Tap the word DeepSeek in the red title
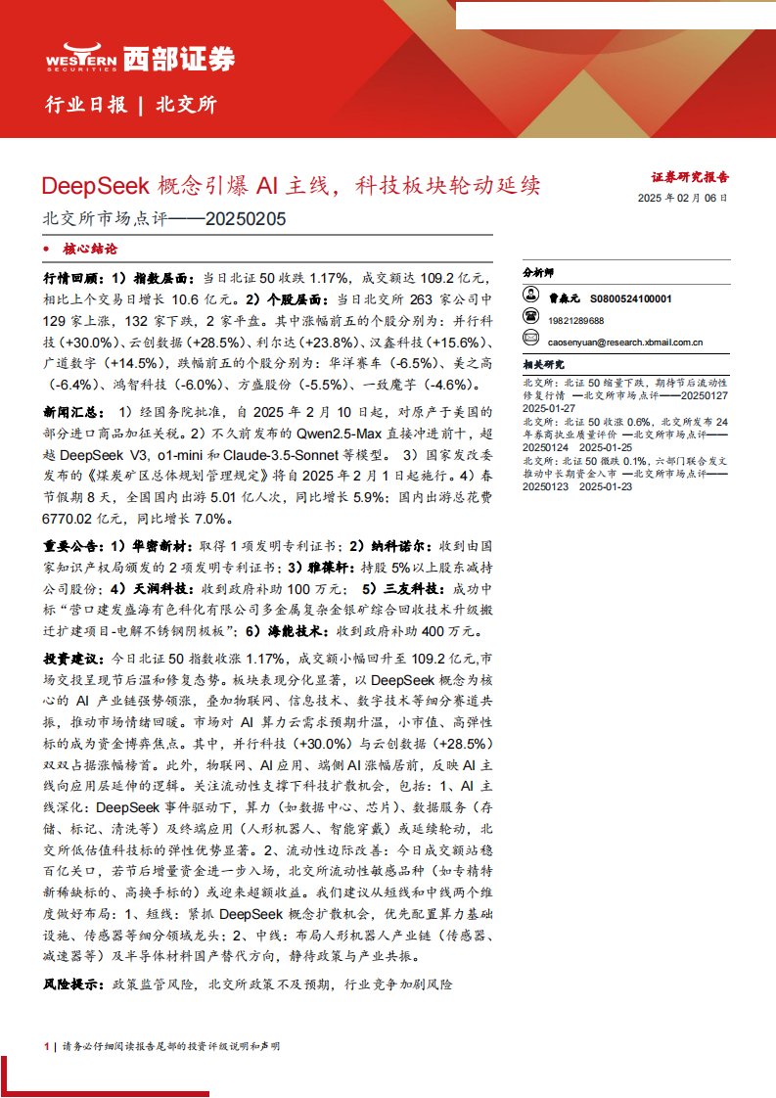tap(94, 184)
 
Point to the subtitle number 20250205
tap(246, 219)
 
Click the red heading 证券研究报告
tap(690, 178)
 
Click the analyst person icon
tap(531, 297)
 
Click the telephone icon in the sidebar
tap(531, 319)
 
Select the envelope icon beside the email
tap(531, 341)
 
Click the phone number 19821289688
tap(576, 320)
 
